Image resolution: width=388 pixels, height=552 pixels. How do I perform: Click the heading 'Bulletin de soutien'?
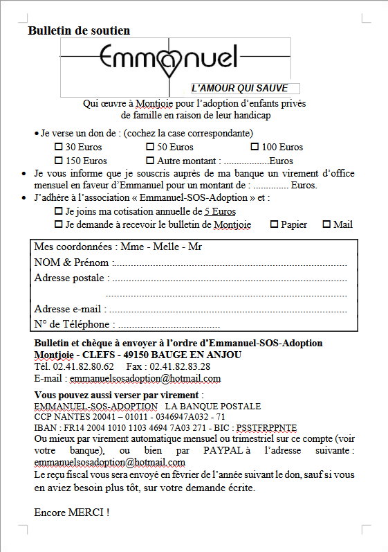tap(79, 30)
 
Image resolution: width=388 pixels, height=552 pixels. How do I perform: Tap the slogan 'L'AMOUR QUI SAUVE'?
tap(245, 88)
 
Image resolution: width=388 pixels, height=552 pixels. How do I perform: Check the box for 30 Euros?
tap(59, 147)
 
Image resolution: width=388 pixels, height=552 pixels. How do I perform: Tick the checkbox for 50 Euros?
tap(150, 147)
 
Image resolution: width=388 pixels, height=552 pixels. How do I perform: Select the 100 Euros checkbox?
tap(255, 147)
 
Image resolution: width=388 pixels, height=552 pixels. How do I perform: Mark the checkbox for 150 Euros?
tap(59, 161)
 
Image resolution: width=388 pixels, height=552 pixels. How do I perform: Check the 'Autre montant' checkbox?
tap(150, 161)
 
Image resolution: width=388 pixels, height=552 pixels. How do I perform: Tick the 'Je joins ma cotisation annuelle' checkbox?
tap(59, 211)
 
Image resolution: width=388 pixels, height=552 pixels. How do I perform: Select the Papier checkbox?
tap(274, 224)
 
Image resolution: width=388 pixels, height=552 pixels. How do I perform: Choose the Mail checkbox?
tap(326, 224)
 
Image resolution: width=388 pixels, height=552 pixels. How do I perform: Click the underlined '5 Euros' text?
tap(220, 211)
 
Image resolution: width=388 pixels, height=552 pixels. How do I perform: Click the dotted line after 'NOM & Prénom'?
tap(229, 264)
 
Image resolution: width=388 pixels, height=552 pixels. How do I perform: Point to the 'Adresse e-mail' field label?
tap(70, 309)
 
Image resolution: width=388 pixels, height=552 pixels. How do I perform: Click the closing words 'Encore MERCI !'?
tap(71, 513)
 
